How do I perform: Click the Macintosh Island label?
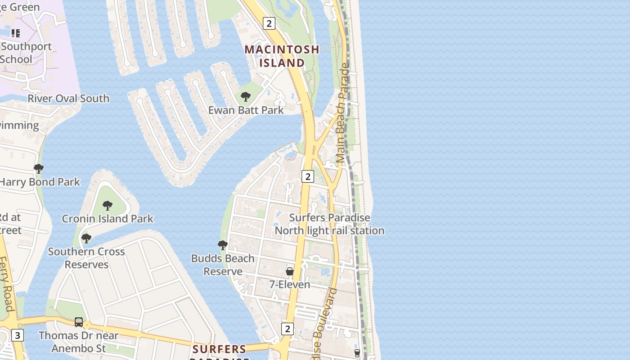pyautogui.click(x=282, y=56)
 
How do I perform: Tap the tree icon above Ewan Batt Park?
pyautogui.click(x=246, y=96)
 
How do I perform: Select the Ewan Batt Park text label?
pyautogui.click(x=246, y=110)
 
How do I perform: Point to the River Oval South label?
pyautogui.click(x=68, y=98)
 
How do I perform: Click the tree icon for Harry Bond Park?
pyautogui.click(x=39, y=169)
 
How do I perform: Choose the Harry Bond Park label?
pyautogui.click(x=40, y=182)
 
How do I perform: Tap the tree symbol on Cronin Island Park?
pyautogui.click(x=108, y=206)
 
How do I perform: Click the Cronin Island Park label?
pyautogui.click(x=108, y=219)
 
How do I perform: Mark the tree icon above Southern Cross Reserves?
pyautogui.click(x=86, y=238)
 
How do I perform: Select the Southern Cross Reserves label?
pyautogui.click(x=86, y=257)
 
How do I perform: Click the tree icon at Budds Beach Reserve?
pyautogui.click(x=223, y=245)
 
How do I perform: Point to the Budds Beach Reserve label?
pyautogui.click(x=223, y=265)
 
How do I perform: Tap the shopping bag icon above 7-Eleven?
pyautogui.click(x=290, y=271)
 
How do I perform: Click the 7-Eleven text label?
pyautogui.click(x=290, y=284)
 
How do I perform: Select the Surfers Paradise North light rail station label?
pyautogui.click(x=329, y=224)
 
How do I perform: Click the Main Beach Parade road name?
pyautogui.click(x=342, y=112)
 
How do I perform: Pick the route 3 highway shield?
pyautogui.click(x=17, y=335)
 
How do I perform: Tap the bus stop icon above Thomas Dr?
pyautogui.click(x=79, y=322)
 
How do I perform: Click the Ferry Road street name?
pyautogui.click(x=6, y=283)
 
